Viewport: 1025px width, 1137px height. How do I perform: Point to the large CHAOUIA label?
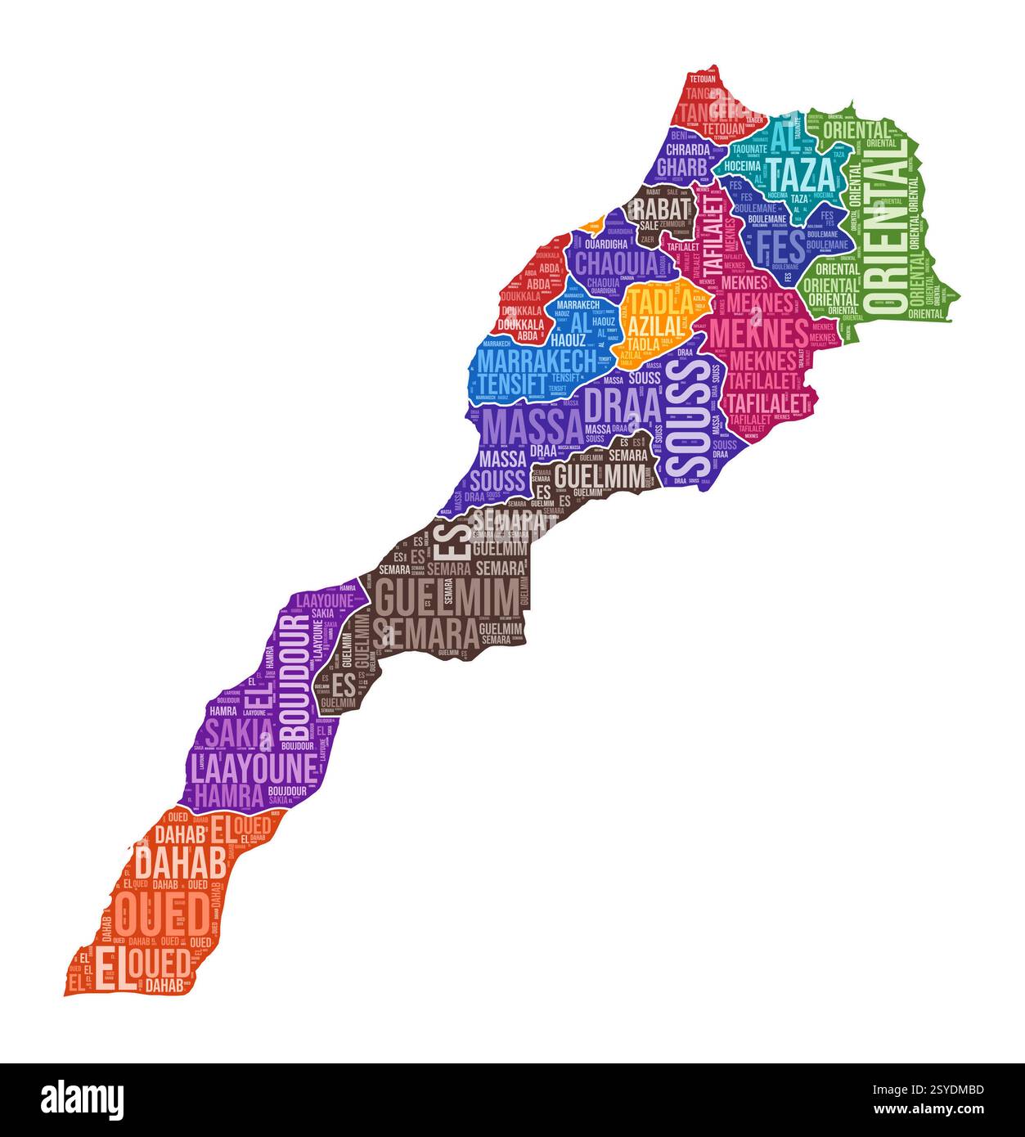(x=616, y=263)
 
